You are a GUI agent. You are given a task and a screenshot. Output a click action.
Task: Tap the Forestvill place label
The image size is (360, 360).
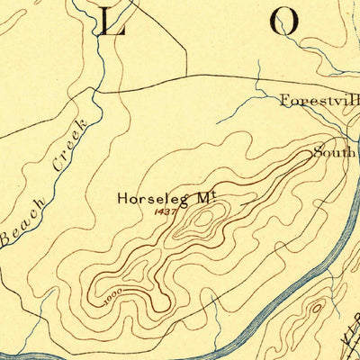pos(318,100)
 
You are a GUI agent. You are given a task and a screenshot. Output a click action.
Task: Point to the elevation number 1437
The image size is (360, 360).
pos(166,211)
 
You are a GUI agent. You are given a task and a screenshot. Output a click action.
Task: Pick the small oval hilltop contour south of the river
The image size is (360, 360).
pos(316,310)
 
